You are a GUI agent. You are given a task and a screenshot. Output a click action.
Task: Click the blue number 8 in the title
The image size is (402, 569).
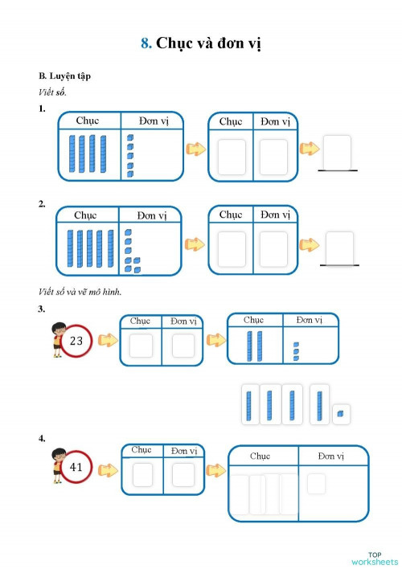pyautogui.click(x=146, y=43)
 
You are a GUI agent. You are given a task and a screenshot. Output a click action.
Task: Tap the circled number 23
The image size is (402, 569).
pyautogui.click(x=76, y=341)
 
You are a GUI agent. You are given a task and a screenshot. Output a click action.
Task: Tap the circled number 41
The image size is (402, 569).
pyautogui.click(x=76, y=467)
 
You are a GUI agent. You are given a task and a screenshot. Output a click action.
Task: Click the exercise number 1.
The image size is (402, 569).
pyautogui.click(x=42, y=108)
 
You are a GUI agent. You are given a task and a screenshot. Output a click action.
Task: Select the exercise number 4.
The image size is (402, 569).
pyautogui.click(x=42, y=438)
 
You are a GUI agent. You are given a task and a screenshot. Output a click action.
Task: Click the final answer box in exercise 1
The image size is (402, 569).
pyautogui.click(x=336, y=151)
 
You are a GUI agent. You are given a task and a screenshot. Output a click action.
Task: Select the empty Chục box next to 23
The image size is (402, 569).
pyautogui.click(x=141, y=346)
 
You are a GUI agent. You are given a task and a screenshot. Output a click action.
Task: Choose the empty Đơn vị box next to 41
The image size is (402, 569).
pyautogui.click(x=183, y=474)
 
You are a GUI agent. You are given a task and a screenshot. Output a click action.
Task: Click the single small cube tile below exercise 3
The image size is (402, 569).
pyautogui.click(x=340, y=413)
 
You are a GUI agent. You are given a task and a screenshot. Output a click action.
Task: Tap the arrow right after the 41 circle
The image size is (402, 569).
pyautogui.click(x=107, y=466)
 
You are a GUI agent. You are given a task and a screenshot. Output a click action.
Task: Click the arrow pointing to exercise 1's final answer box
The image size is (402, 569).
pyautogui.click(x=308, y=149)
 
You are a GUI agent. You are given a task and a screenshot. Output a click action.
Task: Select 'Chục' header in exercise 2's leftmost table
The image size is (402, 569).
pyautogui.click(x=85, y=215)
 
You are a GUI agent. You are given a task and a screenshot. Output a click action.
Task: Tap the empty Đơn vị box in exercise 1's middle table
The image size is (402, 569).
pyautogui.click(x=273, y=157)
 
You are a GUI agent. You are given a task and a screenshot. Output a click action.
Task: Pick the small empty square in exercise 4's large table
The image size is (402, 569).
pyautogui.click(x=316, y=483)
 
